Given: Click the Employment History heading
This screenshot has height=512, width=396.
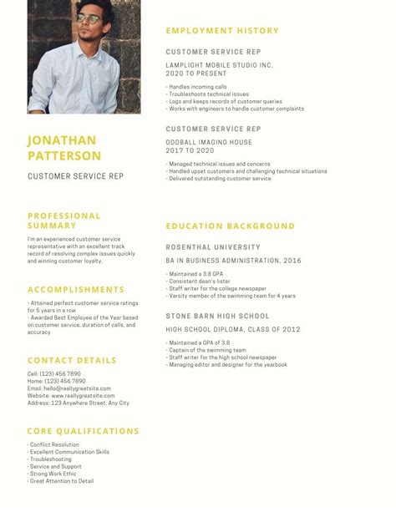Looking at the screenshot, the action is click(221, 31).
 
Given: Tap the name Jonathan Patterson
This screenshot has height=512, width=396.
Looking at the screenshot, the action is click(63, 148).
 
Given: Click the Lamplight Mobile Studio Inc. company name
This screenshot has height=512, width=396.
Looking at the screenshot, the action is click(219, 64).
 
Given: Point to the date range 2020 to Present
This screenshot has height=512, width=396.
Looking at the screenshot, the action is click(197, 73).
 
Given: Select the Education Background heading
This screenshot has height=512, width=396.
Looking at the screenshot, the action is click(230, 226).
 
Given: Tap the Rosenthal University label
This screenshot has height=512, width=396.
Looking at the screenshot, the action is click(212, 247).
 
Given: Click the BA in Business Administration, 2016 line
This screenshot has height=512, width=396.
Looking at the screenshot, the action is click(233, 261).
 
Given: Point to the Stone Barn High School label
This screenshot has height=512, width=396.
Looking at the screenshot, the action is click(217, 316).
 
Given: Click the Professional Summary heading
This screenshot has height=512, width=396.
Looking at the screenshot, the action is click(63, 221).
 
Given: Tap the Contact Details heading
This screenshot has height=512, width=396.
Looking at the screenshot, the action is click(72, 360).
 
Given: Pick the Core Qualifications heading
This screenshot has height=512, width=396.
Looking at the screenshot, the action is click(83, 431).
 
